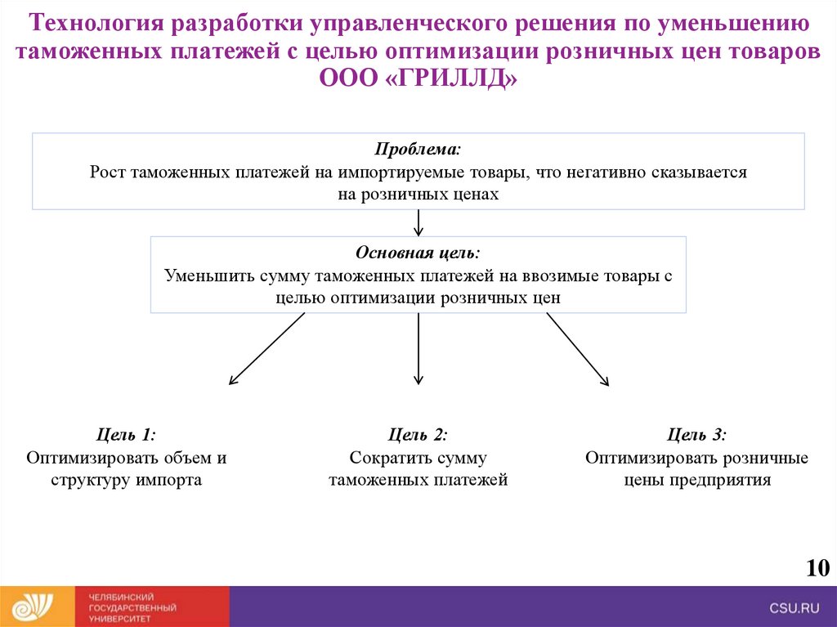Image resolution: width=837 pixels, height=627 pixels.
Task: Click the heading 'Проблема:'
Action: (418, 150)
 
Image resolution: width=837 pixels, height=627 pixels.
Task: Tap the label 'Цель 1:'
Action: (126, 435)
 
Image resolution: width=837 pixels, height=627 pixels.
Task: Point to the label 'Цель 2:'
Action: (418, 435)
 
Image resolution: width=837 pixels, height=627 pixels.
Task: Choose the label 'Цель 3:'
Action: (696, 435)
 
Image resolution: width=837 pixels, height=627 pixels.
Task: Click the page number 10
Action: (817, 568)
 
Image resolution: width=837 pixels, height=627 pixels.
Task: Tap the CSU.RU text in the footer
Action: (793, 607)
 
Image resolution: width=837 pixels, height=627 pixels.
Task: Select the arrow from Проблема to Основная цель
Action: (418, 223)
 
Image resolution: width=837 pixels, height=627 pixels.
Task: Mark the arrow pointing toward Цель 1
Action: (266, 349)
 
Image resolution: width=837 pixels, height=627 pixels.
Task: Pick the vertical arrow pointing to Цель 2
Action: (418, 349)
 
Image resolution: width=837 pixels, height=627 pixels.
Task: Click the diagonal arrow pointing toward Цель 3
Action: (577, 349)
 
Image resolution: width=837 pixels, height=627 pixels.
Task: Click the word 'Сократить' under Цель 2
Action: (383, 458)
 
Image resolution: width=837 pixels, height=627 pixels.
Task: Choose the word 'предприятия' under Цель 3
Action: (721, 480)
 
